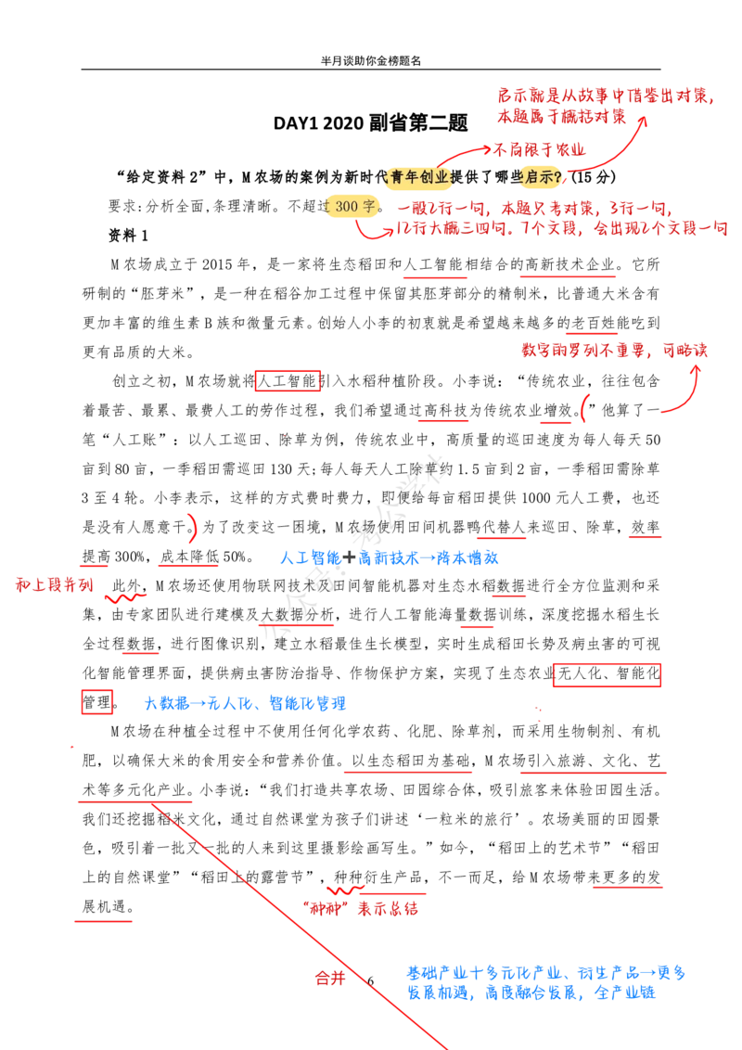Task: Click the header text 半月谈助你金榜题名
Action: pyautogui.click(x=370, y=61)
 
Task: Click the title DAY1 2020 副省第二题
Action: pyautogui.click(x=370, y=123)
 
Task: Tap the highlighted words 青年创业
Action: pyautogui.click(x=419, y=177)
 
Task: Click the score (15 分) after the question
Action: pyautogui.click(x=593, y=177)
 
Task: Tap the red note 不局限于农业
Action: pyautogui.click(x=539, y=149)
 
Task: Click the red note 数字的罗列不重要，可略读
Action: pyautogui.click(x=614, y=351)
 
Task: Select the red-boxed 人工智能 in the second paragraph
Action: pyautogui.click(x=288, y=382)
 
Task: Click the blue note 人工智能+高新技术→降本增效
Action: pyautogui.click(x=389, y=557)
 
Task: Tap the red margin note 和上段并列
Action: pyautogui.click(x=54, y=584)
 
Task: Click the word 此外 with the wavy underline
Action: pyautogui.click(x=126, y=586)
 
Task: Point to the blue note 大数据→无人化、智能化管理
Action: pyautogui.click(x=245, y=703)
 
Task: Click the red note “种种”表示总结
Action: pyautogui.click(x=360, y=909)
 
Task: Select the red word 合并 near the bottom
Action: pyautogui.click(x=330, y=979)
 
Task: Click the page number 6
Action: pyautogui.click(x=370, y=981)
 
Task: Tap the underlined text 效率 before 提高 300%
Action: pyautogui.click(x=645, y=528)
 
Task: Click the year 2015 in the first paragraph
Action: pyautogui.click(x=216, y=264)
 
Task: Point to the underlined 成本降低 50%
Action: pyautogui.click(x=202, y=557)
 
